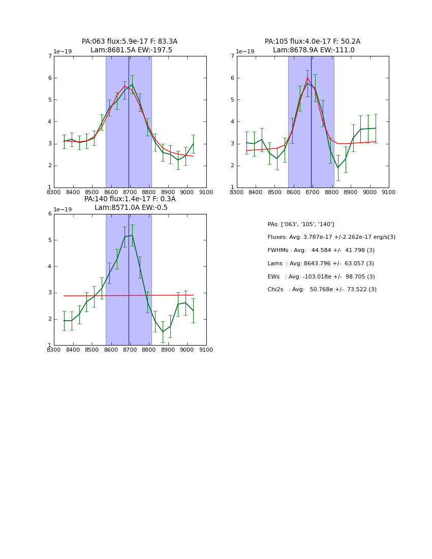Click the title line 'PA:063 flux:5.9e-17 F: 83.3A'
(130, 42)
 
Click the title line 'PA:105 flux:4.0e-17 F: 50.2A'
(312, 42)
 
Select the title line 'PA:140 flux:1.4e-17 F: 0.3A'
(130, 199)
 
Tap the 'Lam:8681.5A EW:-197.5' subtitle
(131, 50)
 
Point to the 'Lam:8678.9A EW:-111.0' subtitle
(314, 50)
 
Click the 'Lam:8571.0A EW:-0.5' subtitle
(131, 208)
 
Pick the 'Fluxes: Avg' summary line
(331, 237)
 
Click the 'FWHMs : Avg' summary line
(321, 251)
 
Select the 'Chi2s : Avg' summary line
(322, 290)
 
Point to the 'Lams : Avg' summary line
(320, 264)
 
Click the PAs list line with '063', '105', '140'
(300, 225)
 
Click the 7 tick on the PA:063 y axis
(50, 56)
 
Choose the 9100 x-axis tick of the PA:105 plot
(388, 193)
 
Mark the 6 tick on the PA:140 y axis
(50, 214)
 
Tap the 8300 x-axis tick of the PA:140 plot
(54, 350)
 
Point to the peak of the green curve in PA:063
(132, 84)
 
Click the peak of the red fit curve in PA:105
(307, 77)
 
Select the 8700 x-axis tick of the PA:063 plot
(130, 193)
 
